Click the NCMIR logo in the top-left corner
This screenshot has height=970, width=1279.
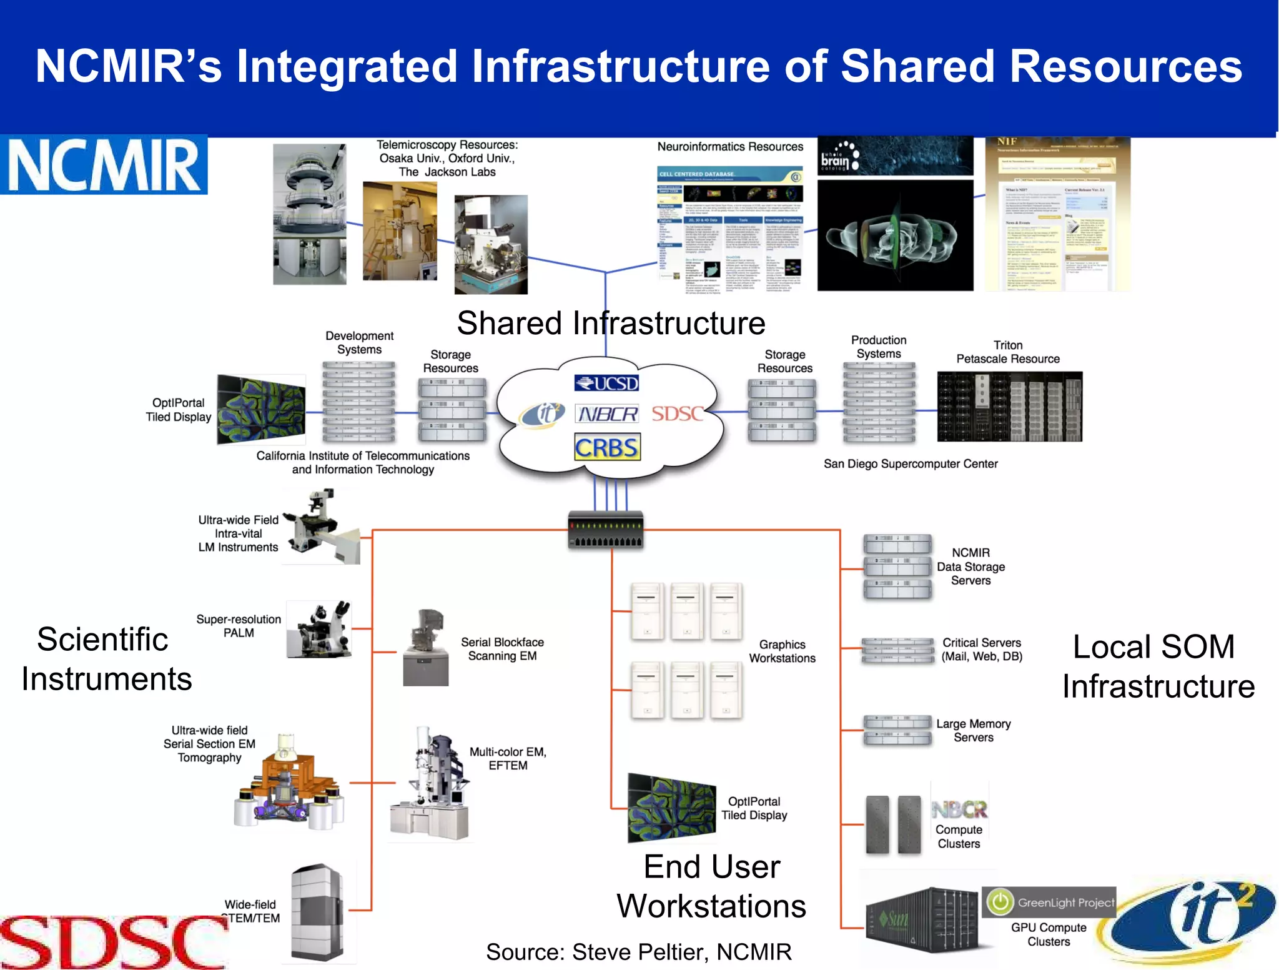(104, 165)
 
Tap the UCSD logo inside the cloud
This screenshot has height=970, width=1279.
(606, 383)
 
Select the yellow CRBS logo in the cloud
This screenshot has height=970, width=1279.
(607, 448)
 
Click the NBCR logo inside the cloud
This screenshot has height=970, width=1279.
(607, 413)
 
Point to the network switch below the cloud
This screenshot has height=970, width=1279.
(605, 530)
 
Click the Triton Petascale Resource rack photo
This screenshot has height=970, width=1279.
(1009, 407)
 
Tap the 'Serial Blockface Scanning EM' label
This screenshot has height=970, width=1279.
(502, 649)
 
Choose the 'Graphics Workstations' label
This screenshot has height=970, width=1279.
(782, 651)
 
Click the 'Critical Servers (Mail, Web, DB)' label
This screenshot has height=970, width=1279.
(982, 649)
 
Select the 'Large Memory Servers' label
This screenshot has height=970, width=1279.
(973, 730)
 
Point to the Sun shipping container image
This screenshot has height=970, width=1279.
(922, 919)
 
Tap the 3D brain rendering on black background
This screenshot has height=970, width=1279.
(895, 236)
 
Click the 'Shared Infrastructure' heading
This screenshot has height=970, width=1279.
(611, 324)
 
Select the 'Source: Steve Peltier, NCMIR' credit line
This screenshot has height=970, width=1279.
(638, 951)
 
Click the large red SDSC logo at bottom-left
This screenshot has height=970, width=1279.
(112, 942)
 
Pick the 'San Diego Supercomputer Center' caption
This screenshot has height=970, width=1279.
(910, 463)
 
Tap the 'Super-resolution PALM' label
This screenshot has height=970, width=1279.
(239, 626)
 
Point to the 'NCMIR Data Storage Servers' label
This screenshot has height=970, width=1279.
(970, 567)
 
